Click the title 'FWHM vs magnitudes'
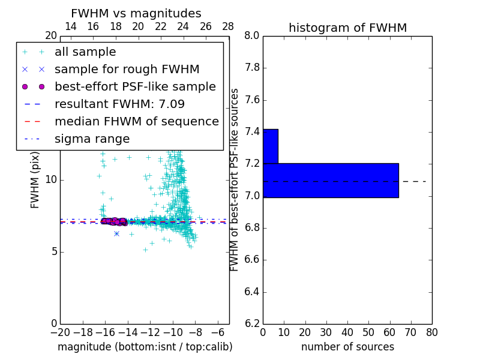pos(136,13)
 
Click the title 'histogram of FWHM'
pos(347,28)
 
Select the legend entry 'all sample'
pos(85,52)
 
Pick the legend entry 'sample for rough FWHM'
pos(127,70)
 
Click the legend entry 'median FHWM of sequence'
pos(136,122)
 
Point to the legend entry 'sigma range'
pos(92,139)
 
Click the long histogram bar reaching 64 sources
pos(331,180)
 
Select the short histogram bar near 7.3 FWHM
pos(270,146)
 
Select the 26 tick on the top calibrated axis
pos(206,26)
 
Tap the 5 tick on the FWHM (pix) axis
pos(52,251)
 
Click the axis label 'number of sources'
pos(347,347)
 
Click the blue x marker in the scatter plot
pos(116,233)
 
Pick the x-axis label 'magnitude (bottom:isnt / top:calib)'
pos(145,347)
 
